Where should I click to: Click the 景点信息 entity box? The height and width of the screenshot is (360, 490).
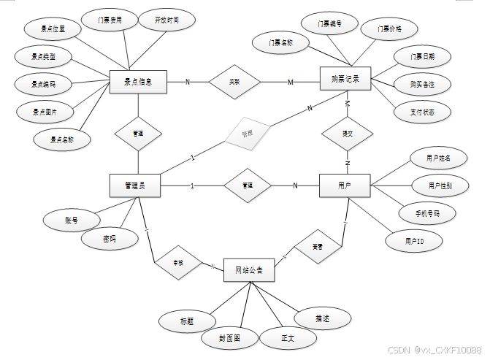point(138,82)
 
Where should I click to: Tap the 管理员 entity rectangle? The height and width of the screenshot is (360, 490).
point(135,186)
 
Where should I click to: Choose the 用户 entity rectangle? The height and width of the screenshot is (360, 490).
point(345,185)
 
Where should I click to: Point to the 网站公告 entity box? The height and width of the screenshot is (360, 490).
point(249,271)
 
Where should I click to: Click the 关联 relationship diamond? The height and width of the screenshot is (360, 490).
point(234,82)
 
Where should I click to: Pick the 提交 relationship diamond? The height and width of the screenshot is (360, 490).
point(348,134)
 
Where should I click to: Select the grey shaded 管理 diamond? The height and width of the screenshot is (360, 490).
point(247,134)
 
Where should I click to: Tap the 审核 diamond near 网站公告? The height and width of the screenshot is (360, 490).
point(177,262)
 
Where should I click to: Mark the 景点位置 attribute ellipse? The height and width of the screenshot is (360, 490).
point(53,29)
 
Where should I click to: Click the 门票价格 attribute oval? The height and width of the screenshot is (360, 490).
point(389,29)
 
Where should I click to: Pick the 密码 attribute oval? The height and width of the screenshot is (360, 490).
point(110,239)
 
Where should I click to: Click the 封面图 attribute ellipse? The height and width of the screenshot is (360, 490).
point(229,338)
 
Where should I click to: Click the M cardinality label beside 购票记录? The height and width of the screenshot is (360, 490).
point(290,82)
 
